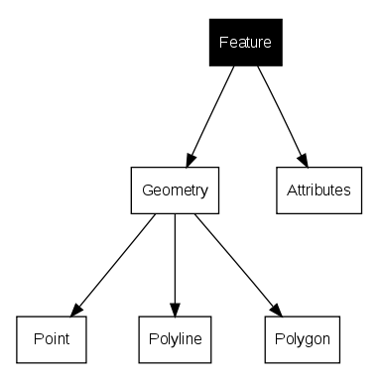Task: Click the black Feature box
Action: [245, 43]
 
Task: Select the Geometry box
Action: [175, 190]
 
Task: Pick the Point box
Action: [50, 338]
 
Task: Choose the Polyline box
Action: [175, 338]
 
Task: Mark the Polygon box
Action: [303, 338]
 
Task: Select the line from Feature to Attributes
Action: [278, 109]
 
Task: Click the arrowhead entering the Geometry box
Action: [190, 159]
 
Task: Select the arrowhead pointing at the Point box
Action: [76, 307]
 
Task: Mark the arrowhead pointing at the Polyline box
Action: [175, 308]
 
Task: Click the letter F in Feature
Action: [222, 44]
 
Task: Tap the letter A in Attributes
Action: [289, 190]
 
